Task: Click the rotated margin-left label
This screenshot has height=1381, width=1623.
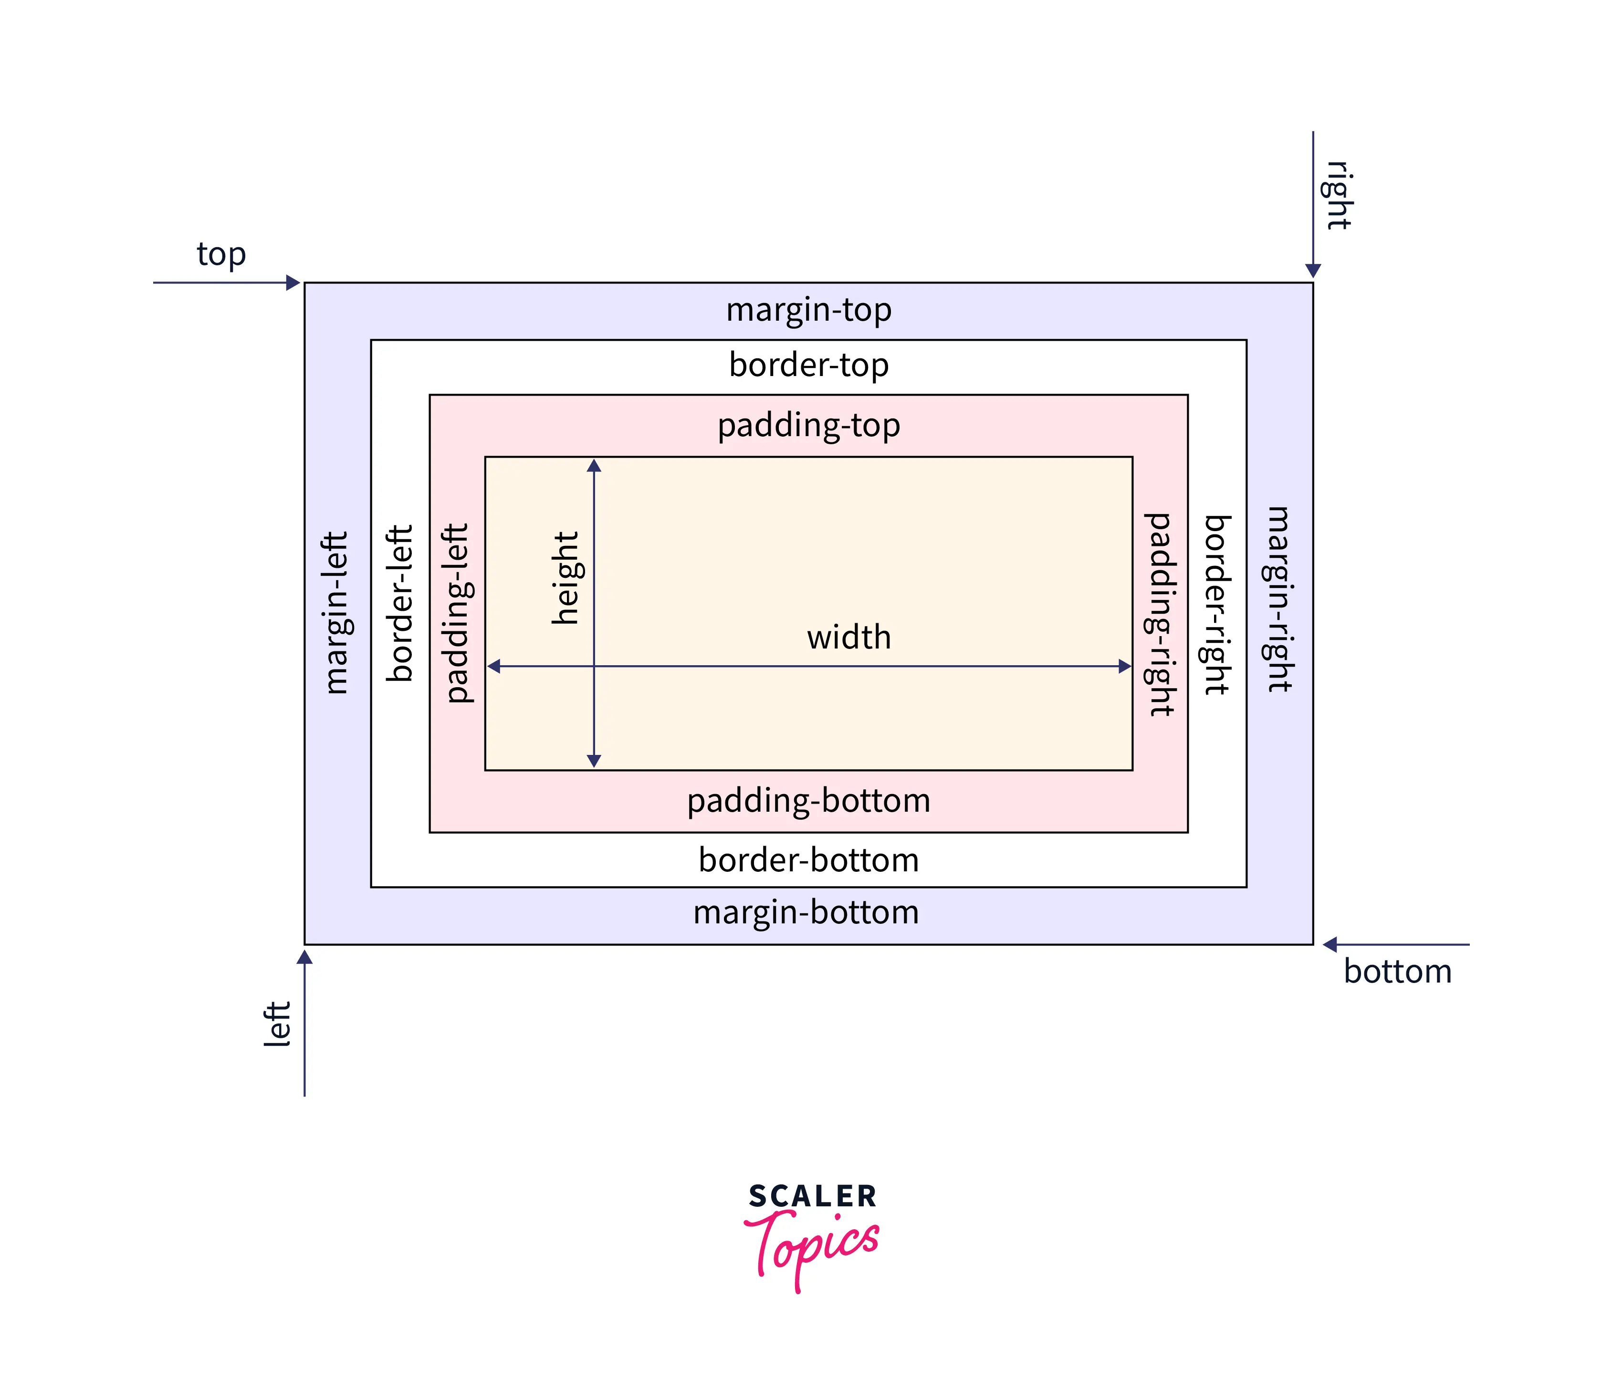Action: click(336, 612)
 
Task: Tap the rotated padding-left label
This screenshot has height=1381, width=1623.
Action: click(456, 613)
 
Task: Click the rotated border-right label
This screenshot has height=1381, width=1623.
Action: click(1217, 605)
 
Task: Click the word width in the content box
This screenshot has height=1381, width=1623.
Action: click(848, 637)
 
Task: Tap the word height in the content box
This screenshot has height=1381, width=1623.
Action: click(565, 578)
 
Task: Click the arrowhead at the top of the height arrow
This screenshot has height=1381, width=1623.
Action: click(594, 466)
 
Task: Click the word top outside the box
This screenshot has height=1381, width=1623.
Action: click(221, 254)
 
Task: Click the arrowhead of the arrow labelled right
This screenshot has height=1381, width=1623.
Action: click(1312, 270)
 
